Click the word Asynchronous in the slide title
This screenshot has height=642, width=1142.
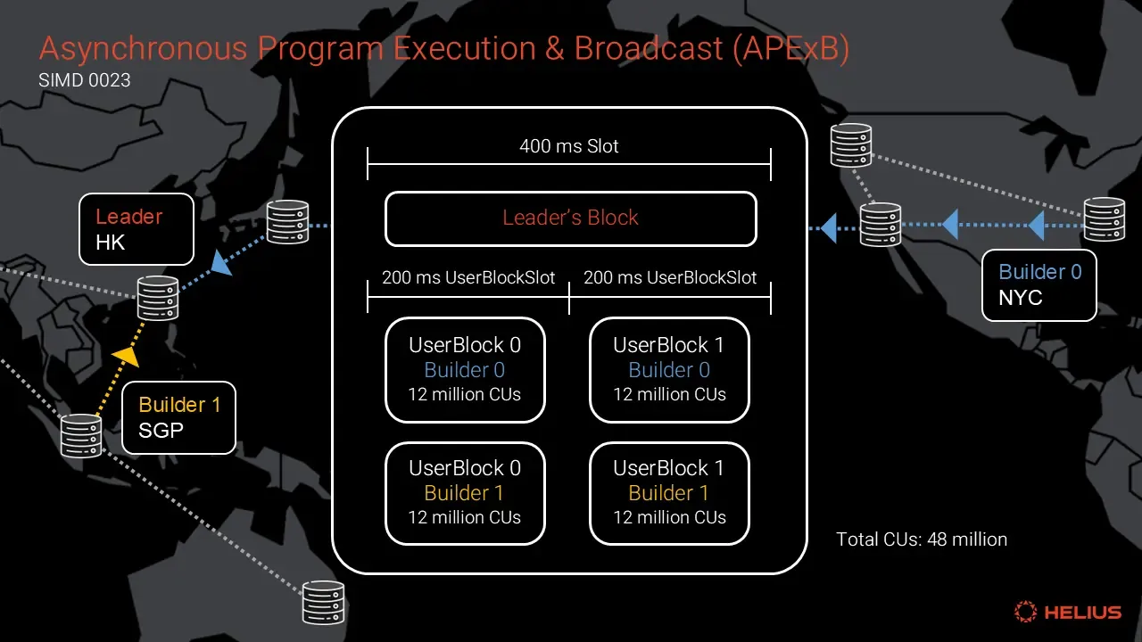[142, 48]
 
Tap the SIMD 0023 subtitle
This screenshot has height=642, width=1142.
[85, 80]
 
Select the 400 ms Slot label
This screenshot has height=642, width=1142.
[569, 146]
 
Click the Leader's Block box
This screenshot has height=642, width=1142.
[570, 218]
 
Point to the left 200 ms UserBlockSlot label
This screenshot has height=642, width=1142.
[468, 278]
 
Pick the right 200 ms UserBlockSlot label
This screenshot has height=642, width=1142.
[670, 278]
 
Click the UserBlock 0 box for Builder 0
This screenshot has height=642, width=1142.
[465, 370]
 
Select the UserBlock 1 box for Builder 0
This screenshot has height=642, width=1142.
[669, 370]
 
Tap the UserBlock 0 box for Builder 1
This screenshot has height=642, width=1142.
[465, 493]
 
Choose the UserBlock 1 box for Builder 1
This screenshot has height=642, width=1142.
[669, 493]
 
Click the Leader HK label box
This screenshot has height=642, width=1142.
[137, 229]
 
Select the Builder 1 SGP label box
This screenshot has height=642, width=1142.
[178, 417]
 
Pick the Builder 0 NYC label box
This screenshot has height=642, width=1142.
[1039, 284]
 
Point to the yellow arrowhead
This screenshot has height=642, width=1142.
[128, 357]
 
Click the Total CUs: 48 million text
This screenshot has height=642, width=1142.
[921, 539]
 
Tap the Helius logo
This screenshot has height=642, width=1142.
[1067, 612]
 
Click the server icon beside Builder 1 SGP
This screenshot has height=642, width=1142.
[81, 436]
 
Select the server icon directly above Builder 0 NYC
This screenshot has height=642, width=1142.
[1104, 219]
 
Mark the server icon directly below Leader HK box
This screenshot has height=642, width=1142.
[158, 298]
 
